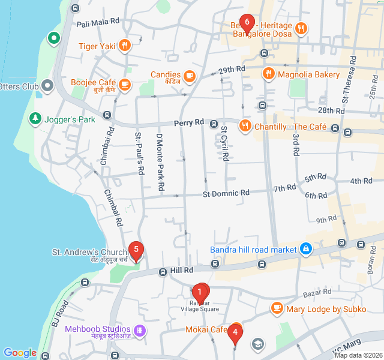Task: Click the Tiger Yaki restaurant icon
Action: click(x=125, y=46)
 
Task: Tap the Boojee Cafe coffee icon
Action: click(x=125, y=83)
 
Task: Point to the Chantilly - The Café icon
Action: click(x=245, y=127)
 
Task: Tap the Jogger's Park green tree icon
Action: click(x=36, y=119)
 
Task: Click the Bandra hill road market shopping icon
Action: click(x=306, y=249)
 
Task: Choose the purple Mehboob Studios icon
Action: click(x=140, y=329)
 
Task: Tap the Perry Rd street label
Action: click(x=189, y=123)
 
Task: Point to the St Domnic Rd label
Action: click(x=226, y=193)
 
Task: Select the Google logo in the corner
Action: click(x=20, y=353)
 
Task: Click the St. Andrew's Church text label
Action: click(x=89, y=252)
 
